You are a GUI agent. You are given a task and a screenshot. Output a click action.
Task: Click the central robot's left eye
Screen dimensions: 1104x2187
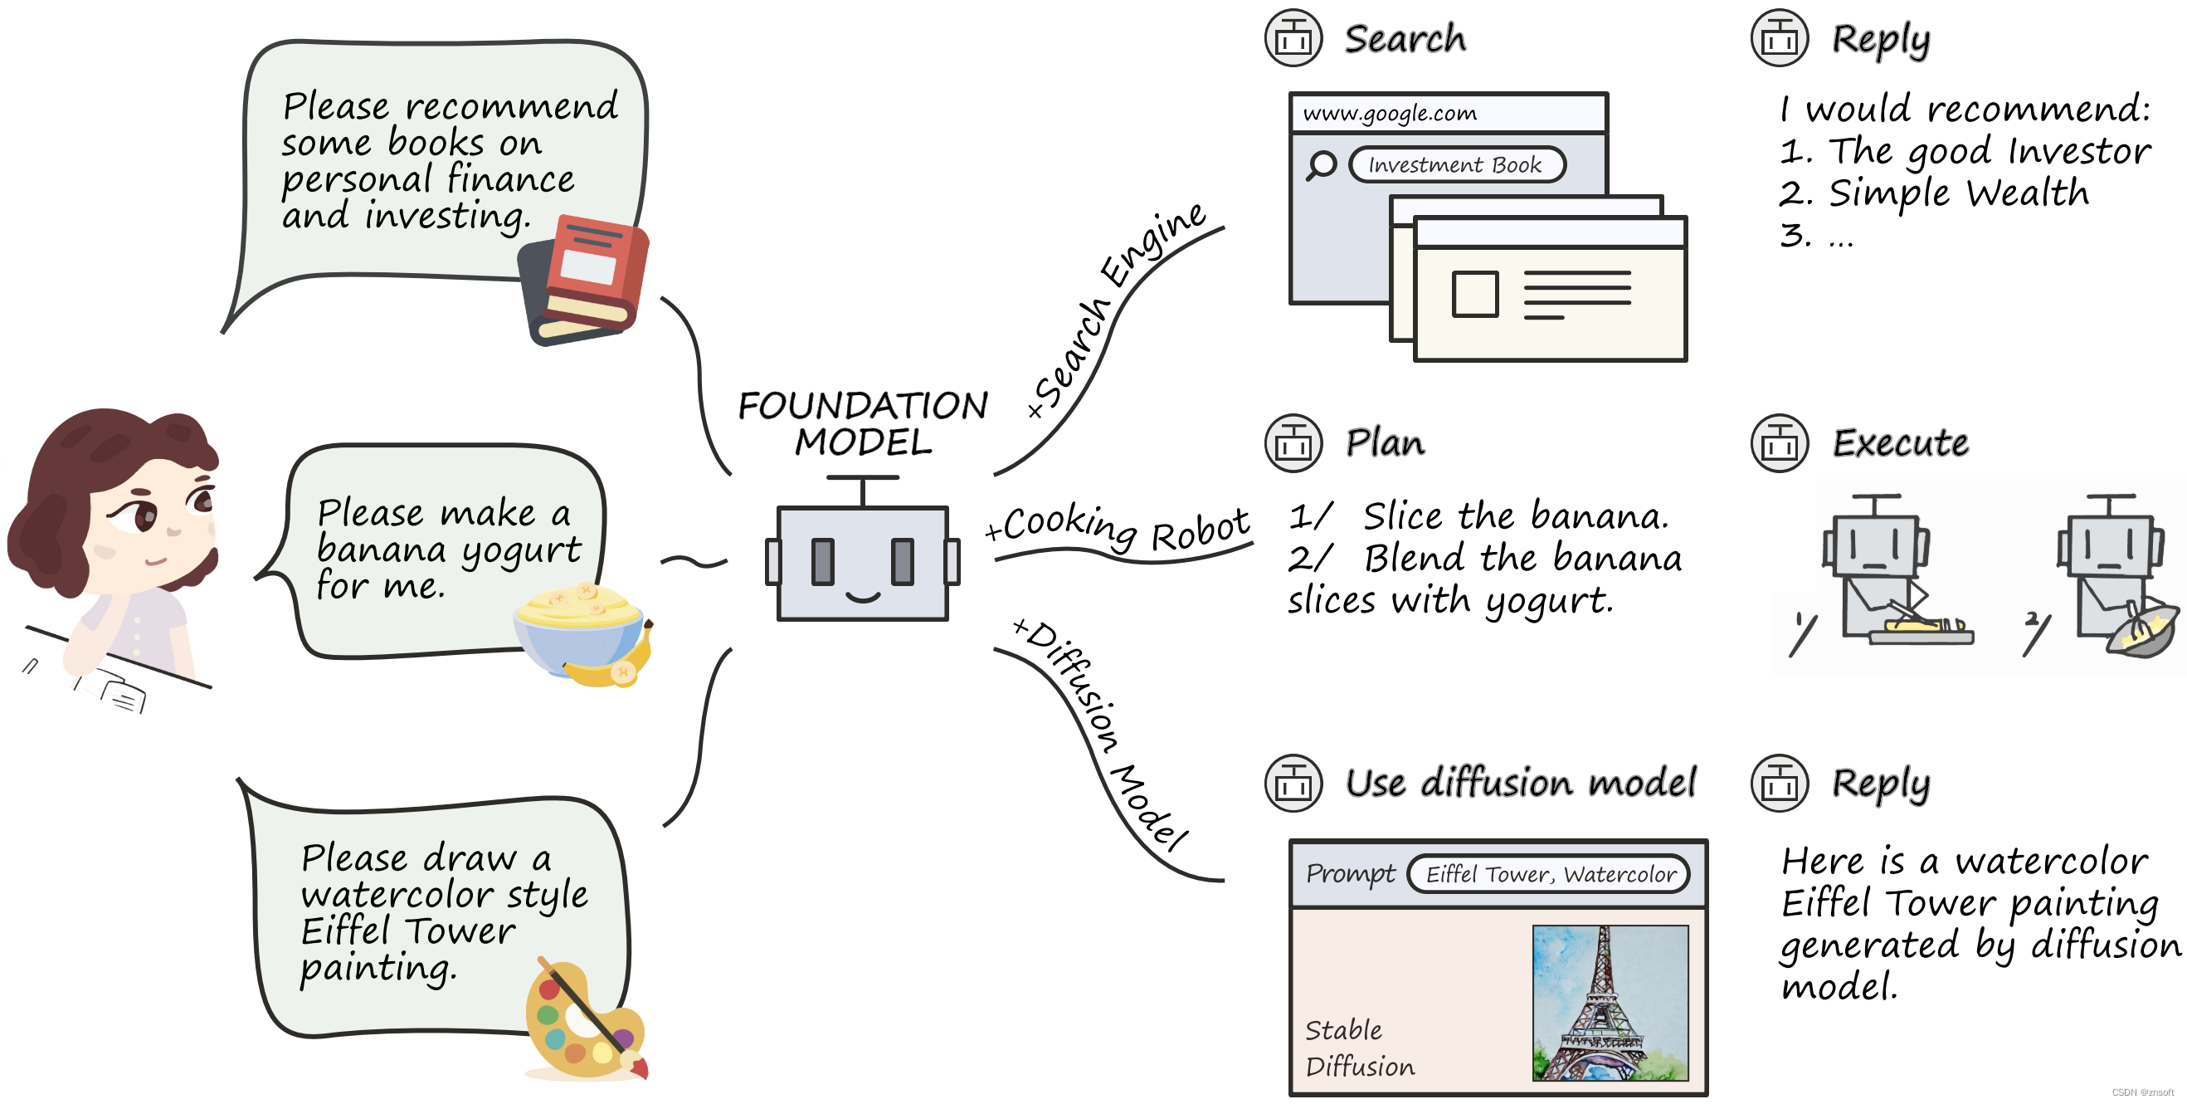[x=823, y=561]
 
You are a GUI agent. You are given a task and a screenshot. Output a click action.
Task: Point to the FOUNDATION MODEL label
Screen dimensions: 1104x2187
[x=863, y=423]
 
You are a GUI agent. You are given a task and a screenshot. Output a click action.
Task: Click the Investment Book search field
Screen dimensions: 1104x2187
[x=1455, y=164]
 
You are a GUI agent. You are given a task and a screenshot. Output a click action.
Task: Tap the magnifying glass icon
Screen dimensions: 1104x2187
[x=1321, y=164]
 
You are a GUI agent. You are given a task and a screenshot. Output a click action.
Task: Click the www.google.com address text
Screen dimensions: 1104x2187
[x=1390, y=114]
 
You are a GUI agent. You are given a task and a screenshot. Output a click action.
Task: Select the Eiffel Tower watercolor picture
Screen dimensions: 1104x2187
[x=1610, y=1002]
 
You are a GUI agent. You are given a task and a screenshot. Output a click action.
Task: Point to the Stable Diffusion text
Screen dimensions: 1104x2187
[x=1358, y=1048]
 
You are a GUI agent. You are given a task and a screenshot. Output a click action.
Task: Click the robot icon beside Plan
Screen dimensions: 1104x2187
[x=1293, y=443]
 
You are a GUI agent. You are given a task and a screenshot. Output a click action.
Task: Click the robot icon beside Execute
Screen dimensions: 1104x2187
[x=1779, y=443]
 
